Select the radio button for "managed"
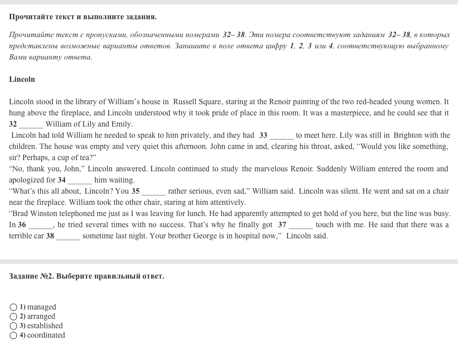(13, 307)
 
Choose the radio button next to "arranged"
(13, 317)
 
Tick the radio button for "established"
(13, 326)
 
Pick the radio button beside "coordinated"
(13, 335)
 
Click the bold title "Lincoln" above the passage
(22, 79)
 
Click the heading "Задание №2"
(31, 276)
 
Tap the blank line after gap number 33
(281, 136)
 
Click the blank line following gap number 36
(41, 225)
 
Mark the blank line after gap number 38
(68, 237)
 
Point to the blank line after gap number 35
(154, 192)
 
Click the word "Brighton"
(407, 135)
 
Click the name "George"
(205, 236)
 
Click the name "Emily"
(121, 124)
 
